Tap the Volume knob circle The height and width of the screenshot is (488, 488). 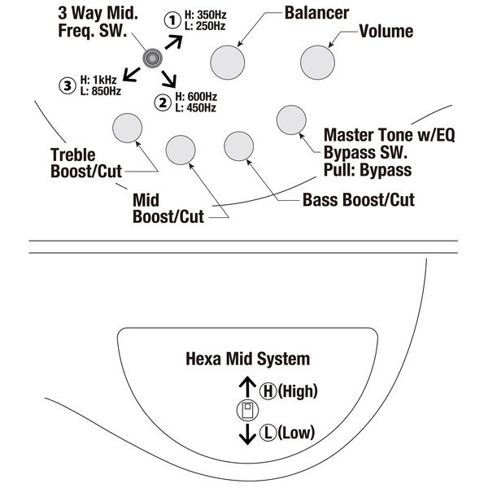pos(316,62)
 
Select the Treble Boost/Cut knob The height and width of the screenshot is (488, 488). pos(127,128)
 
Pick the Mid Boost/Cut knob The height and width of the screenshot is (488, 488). pos(181,148)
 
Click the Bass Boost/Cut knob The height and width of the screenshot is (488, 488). pos(238,146)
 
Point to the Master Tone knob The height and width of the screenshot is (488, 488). pos(291,120)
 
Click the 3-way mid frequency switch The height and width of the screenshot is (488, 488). pos(151,58)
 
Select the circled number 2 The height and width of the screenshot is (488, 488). pos(163,102)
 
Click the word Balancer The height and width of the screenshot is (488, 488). pos(317,14)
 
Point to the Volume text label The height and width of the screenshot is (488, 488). pos(386,33)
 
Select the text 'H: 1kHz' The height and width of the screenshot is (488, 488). pos(100,79)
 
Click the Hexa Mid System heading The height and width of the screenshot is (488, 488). pos(248,358)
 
